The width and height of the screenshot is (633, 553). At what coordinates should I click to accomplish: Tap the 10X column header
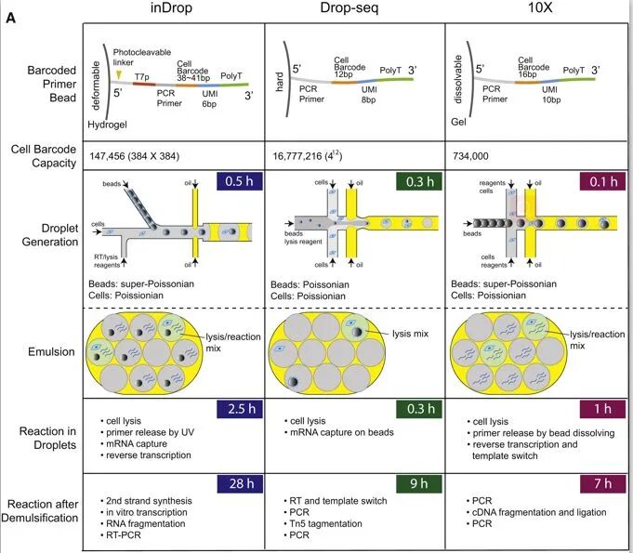point(536,8)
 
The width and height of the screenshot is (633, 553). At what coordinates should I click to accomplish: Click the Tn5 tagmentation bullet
point(319,523)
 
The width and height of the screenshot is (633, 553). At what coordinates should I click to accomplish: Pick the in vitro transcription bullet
point(146,512)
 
